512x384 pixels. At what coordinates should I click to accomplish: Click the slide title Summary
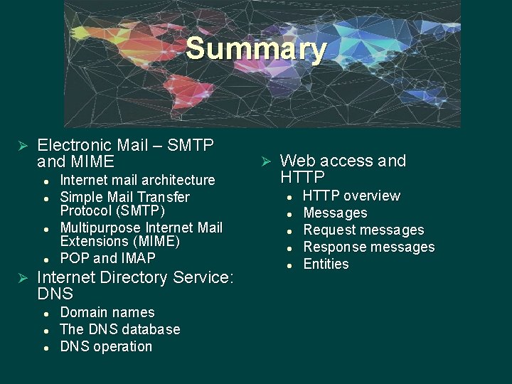point(256,50)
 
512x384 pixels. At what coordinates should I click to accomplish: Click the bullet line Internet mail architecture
point(137,180)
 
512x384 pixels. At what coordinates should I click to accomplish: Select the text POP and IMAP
point(107,258)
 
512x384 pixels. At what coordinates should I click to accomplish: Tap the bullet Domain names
point(107,312)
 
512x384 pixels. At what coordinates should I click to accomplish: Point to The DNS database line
point(119,329)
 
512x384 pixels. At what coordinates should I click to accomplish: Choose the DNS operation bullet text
point(106,346)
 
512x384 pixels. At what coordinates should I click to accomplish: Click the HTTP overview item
point(351,196)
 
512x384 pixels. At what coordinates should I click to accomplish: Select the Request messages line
point(363,230)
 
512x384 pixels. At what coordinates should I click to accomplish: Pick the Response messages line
point(368,247)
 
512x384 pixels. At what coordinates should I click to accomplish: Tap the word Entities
point(326,264)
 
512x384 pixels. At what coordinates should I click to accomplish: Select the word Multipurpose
point(100,228)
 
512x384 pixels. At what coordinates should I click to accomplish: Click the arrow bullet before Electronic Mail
point(21,146)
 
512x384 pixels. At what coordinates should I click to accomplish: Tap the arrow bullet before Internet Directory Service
point(21,277)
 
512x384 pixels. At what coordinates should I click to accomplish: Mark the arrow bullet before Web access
point(265,161)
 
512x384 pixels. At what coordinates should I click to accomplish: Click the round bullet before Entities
point(289,265)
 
